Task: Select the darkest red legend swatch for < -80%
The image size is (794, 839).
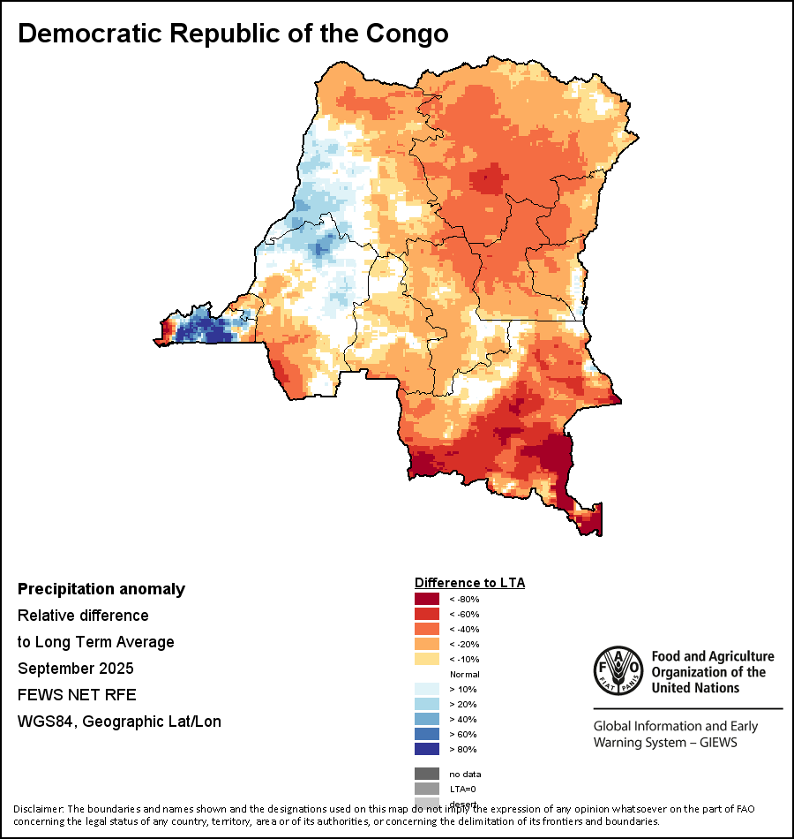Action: point(427,600)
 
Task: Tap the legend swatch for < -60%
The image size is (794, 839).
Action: point(427,615)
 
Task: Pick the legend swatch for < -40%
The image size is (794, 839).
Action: point(427,630)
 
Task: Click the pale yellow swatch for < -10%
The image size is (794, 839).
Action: point(427,660)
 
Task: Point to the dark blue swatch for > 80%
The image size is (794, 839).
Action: point(427,749)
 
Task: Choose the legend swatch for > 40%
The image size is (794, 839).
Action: point(427,720)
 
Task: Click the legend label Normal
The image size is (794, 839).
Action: point(464,675)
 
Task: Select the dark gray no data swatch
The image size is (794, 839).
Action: point(427,774)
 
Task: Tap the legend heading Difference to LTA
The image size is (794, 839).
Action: point(469,583)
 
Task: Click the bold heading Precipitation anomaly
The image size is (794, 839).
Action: point(101,589)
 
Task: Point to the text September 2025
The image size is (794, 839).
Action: point(76,669)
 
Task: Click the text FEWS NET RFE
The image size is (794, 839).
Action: point(77,695)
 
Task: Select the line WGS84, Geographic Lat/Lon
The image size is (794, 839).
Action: point(119,722)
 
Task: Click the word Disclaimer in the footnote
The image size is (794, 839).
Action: point(38,809)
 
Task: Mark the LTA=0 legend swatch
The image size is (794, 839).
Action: point(427,789)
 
